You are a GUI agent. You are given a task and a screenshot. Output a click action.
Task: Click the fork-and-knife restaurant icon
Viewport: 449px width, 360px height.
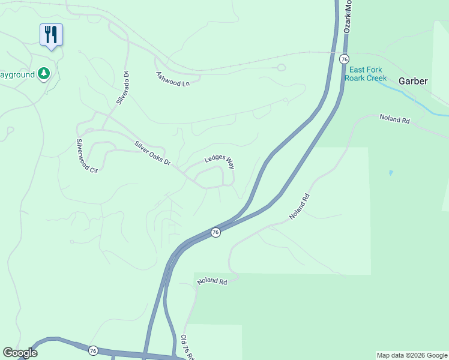51,35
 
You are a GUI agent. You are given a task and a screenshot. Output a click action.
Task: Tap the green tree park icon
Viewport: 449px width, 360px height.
43,74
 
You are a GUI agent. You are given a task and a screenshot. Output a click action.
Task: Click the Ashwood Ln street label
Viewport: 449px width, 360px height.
173,79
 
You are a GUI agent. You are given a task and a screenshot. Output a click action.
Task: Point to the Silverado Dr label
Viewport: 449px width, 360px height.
123,88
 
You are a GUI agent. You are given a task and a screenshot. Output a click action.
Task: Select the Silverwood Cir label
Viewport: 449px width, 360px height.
86,156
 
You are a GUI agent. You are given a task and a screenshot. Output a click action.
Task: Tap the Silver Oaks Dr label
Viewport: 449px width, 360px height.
153,154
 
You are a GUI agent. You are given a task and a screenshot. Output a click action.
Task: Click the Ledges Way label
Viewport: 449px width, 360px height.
218,158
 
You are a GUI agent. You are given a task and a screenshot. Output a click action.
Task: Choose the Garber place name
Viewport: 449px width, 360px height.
414,80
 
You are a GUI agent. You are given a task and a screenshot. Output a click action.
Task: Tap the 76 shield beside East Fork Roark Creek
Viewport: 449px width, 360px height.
343,59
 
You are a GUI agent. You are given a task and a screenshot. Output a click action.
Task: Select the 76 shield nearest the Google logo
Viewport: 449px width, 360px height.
92,350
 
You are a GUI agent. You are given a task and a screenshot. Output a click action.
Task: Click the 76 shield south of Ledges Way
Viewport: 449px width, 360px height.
215,232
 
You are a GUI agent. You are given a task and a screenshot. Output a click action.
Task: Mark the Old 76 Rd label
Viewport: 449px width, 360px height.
188,347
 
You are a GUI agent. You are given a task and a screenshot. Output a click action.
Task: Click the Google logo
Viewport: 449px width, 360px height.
20,353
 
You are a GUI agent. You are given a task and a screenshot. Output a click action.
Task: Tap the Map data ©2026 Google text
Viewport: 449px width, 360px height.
412,355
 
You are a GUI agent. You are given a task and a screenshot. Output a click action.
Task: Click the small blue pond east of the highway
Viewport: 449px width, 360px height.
391,173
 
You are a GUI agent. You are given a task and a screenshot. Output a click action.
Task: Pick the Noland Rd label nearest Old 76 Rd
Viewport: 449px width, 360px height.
211,281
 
